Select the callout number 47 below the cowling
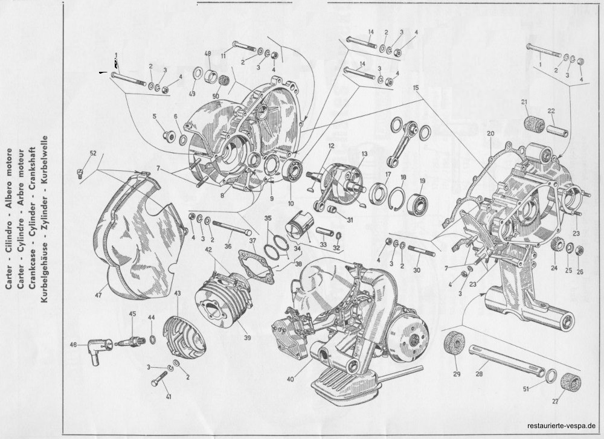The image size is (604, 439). tap(98, 296)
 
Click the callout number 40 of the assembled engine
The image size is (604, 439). tap(290, 379)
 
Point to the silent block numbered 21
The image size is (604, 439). tap(535, 123)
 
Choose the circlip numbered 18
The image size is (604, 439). tap(398, 196)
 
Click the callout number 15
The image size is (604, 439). tap(416, 88)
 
